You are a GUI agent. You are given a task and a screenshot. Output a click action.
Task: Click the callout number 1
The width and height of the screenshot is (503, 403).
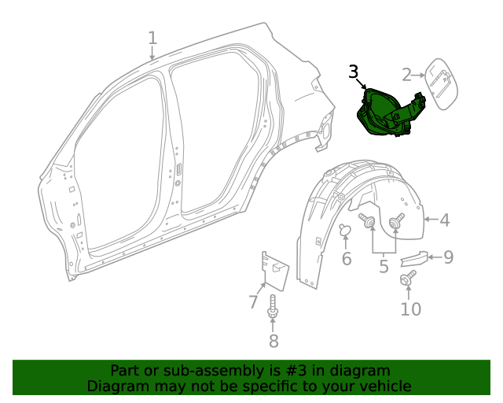click(x=152, y=38)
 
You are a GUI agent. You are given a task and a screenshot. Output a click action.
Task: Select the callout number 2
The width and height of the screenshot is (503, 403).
click(x=407, y=75)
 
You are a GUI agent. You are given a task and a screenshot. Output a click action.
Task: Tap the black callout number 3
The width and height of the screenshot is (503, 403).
click(x=354, y=72)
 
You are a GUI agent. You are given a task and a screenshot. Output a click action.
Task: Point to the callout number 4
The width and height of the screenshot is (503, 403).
click(x=445, y=220)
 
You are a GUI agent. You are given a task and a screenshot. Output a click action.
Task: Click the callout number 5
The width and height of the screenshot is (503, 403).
click(x=384, y=267)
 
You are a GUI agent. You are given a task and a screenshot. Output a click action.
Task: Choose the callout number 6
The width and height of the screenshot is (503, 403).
click(x=347, y=259)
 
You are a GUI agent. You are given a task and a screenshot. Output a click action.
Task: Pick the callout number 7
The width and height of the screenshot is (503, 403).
click(x=253, y=301)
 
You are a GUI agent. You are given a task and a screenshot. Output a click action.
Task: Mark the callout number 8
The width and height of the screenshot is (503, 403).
click(x=274, y=341)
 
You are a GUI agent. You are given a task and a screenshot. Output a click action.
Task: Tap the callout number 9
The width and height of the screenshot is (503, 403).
click(x=448, y=257)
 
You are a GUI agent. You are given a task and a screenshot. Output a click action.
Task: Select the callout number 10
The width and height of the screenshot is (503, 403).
click(x=410, y=309)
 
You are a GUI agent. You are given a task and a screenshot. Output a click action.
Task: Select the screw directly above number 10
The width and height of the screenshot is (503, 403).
click(x=408, y=279)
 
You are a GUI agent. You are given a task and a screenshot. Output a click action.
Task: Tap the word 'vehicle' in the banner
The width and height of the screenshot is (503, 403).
click(x=383, y=386)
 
